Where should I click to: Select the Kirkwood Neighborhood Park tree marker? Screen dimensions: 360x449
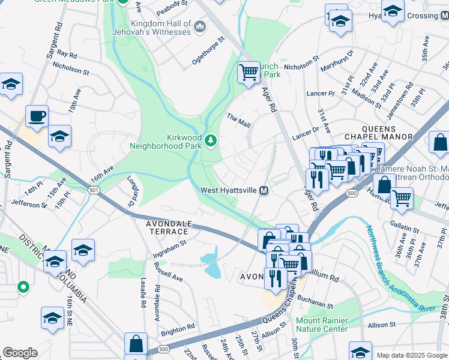[211, 141]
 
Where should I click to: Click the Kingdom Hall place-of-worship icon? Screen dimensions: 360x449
[200, 26]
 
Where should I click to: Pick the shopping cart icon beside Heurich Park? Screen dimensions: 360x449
[249, 73]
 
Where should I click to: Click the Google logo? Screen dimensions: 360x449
[20, 352]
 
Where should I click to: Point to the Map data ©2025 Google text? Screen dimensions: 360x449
[412, 355]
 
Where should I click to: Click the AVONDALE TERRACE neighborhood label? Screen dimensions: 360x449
[161, 227]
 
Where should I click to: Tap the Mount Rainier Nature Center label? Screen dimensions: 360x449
[322, 325]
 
